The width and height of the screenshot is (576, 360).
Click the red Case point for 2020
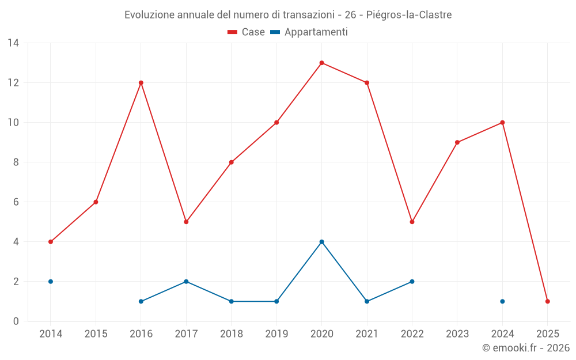click(321, 63)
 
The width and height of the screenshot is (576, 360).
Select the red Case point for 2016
click(141, 83)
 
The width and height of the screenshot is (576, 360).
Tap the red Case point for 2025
click(547, 301)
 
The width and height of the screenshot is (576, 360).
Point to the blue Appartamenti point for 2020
click(321, 242)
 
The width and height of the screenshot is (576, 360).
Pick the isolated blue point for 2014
click(51, 282)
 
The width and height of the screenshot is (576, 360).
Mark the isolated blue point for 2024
click(502, 301)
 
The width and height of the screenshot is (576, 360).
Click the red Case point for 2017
click(186, 222)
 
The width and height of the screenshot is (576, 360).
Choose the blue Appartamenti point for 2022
click(412, 282)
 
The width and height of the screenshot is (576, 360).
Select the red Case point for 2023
click(457, 142)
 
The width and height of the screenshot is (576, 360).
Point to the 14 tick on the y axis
click(13, 43)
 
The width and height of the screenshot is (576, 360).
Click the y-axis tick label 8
click(16, 162)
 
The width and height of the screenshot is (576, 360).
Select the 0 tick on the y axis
click(16, 321)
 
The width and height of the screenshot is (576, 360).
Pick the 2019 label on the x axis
click(276, 334)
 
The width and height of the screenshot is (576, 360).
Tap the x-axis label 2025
click(547, 334)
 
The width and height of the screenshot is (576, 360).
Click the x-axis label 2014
click(51, 334)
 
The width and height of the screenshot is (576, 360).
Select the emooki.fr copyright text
click(525, 348)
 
